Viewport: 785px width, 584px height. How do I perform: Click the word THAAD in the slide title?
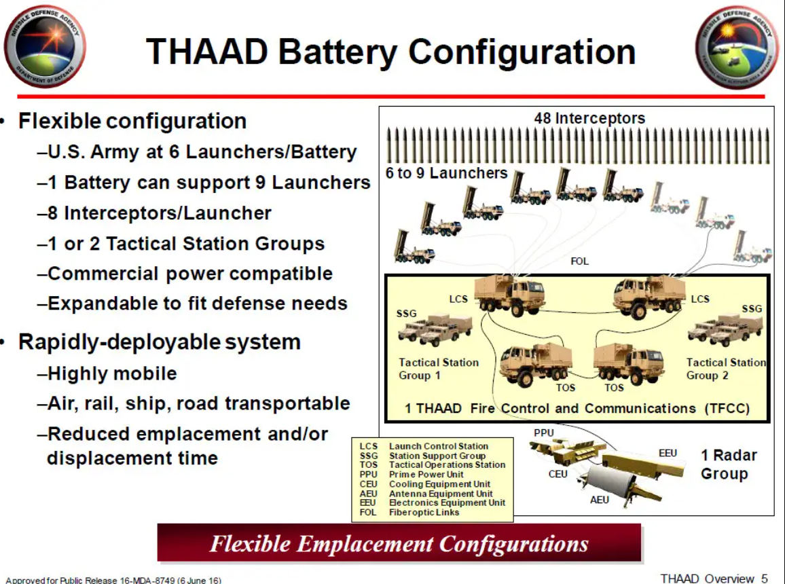coord(207,52)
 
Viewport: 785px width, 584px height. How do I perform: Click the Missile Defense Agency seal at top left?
coord(45,47)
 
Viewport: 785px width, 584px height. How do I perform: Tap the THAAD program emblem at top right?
coord(736,48)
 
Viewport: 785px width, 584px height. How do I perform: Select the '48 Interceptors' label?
coord(589,118)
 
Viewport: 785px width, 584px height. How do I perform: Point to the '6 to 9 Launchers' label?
coord(447,173)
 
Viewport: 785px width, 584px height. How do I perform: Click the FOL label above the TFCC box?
coord(579,261)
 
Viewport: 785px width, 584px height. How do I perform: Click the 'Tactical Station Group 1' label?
coord(439,369)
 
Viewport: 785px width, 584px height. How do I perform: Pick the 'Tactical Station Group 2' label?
coord(726,369)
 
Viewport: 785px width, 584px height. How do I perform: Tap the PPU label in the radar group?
coord(544,433)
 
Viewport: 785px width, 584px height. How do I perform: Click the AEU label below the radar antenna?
coord(599,500)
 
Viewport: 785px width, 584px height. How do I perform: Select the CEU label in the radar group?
coord(558,474)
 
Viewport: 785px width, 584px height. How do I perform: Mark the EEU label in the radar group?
coord(668,454)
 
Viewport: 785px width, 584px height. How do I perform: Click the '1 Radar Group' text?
coord(729,464)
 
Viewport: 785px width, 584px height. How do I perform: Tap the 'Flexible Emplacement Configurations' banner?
coord(399,543)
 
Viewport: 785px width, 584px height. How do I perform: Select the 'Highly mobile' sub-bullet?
coord(107,373)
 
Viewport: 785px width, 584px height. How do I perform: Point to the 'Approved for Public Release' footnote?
coord(113,580)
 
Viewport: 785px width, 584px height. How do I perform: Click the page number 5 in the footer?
coord(765,579)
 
